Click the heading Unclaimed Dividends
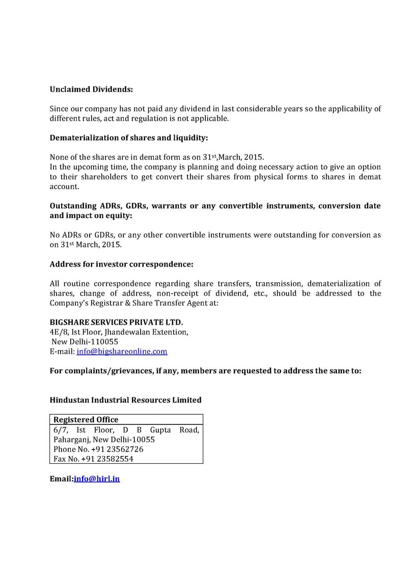click(91, 89)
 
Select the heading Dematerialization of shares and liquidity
click(129, 138)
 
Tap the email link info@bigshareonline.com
click(122, 352)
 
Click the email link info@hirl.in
click(97, 479)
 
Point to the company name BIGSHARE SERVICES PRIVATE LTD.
click(116, 323)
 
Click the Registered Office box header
click(86, 420)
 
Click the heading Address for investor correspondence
click(121, 265)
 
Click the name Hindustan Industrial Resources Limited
click(125, 400)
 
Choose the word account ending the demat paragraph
click(64, 187)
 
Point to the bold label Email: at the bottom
click(61, 479)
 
